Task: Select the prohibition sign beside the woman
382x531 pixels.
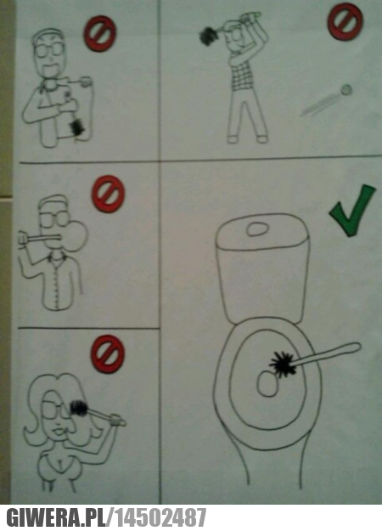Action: click(108, 354)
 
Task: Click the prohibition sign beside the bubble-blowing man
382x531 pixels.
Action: click(108, 194)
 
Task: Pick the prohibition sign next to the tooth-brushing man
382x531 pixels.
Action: click(100, 33)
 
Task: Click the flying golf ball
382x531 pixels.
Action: click(346, 90)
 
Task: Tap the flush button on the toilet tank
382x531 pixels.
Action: click(258, 229)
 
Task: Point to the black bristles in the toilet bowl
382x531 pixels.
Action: click(283, 364)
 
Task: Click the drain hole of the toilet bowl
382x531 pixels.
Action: click(267, 383)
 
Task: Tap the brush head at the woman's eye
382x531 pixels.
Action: click(78, 407)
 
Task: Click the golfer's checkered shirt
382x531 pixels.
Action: click(242, 73)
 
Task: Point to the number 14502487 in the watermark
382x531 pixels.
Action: click(160, 517)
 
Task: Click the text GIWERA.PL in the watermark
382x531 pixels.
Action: click(55, 517)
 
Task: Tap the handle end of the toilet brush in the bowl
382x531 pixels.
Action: click(356, 347)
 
